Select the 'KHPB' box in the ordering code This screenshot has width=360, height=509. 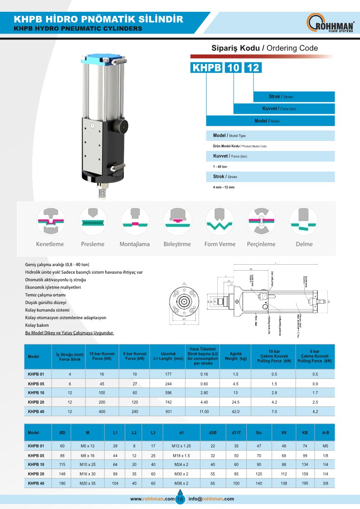click(207, 68)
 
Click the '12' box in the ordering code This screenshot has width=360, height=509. click(253, 68)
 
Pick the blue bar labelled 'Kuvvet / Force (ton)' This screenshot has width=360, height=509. click(284, 109)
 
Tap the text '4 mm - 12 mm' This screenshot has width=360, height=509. click(224, 187)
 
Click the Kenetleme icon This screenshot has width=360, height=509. click(50, 221)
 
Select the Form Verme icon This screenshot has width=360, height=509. click(220, 221)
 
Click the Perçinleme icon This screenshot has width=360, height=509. click(262, 221)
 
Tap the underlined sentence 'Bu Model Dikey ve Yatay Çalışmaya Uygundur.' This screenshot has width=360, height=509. click(69, 333)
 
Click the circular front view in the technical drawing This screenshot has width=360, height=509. click(184, 301)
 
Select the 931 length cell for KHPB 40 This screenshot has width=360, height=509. click(165, 412)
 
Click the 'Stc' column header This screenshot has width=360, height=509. click(259, 433)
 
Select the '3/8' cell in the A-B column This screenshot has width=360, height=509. click(325, 484)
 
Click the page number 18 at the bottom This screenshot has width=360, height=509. click(180, 499)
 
